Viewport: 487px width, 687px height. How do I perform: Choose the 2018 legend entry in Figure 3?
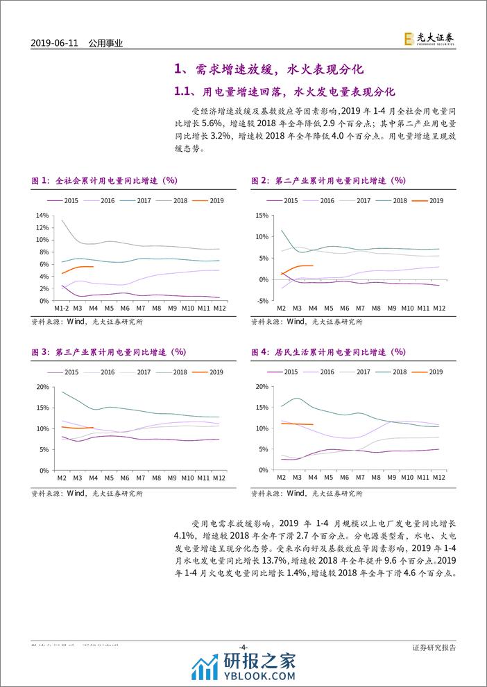177,372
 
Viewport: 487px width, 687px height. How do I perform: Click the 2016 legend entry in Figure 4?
320,372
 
